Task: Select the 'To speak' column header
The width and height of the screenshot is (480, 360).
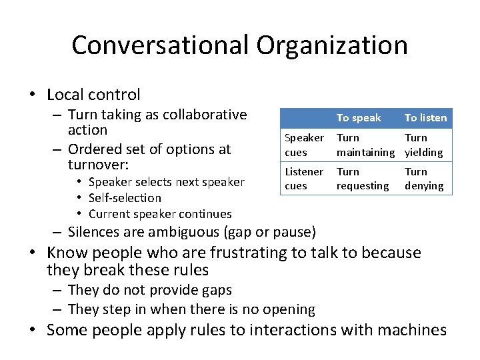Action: (359, 118)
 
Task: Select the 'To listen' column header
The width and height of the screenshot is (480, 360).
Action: (425, 118)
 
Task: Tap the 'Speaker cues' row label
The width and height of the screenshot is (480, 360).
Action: (304, 145)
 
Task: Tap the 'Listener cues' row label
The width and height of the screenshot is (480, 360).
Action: (304, 179)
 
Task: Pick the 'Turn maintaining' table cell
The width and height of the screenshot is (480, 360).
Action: (365, 145)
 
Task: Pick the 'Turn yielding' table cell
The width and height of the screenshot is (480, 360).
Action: (423, 145)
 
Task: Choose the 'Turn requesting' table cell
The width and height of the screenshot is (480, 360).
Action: (362, 179)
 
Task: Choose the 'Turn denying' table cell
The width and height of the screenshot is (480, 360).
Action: (423, 179)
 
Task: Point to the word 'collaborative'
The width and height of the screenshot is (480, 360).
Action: (205, 115)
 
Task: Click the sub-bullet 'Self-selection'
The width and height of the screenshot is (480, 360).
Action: (125, 198)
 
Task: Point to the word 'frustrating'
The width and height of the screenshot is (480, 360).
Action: (204, 253)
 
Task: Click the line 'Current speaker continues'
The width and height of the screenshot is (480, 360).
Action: (160, 214)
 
